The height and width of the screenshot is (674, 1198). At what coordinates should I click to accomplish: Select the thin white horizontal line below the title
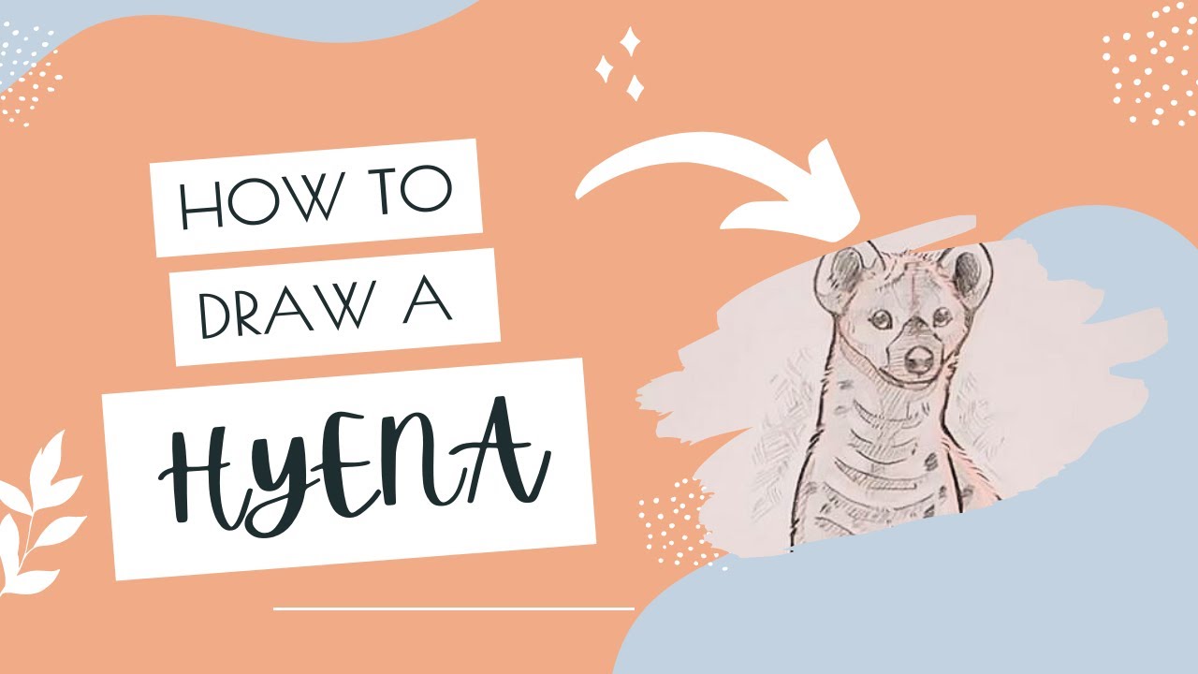coord(454,608)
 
